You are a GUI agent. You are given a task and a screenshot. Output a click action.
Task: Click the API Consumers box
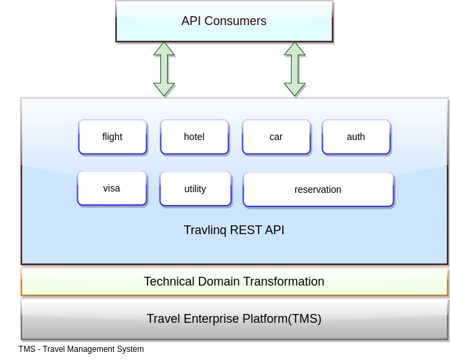224,21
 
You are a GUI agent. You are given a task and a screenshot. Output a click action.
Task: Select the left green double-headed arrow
164,69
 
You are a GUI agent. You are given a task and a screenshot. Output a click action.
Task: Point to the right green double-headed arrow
294,69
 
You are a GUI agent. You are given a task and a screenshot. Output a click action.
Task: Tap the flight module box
112,137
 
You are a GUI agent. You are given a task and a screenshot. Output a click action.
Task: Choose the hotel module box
194,137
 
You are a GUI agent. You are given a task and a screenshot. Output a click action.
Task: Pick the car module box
276,137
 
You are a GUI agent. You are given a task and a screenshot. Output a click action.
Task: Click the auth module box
356,137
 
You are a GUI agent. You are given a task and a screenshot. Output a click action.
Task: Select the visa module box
112,188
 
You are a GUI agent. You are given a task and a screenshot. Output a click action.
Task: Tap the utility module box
196,189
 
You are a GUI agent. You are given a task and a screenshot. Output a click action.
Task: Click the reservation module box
318,189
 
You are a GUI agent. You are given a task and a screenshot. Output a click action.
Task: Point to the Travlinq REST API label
234,230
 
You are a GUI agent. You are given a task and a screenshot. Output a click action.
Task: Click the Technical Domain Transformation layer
234,282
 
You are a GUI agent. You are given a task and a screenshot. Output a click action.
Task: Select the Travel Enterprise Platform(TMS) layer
234,319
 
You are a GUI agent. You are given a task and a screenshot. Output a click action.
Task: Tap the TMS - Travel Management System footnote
81,349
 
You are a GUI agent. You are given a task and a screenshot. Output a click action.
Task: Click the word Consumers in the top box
235,21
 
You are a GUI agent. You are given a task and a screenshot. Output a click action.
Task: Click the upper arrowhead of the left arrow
164,49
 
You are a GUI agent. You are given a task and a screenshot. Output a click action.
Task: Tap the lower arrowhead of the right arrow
294,90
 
